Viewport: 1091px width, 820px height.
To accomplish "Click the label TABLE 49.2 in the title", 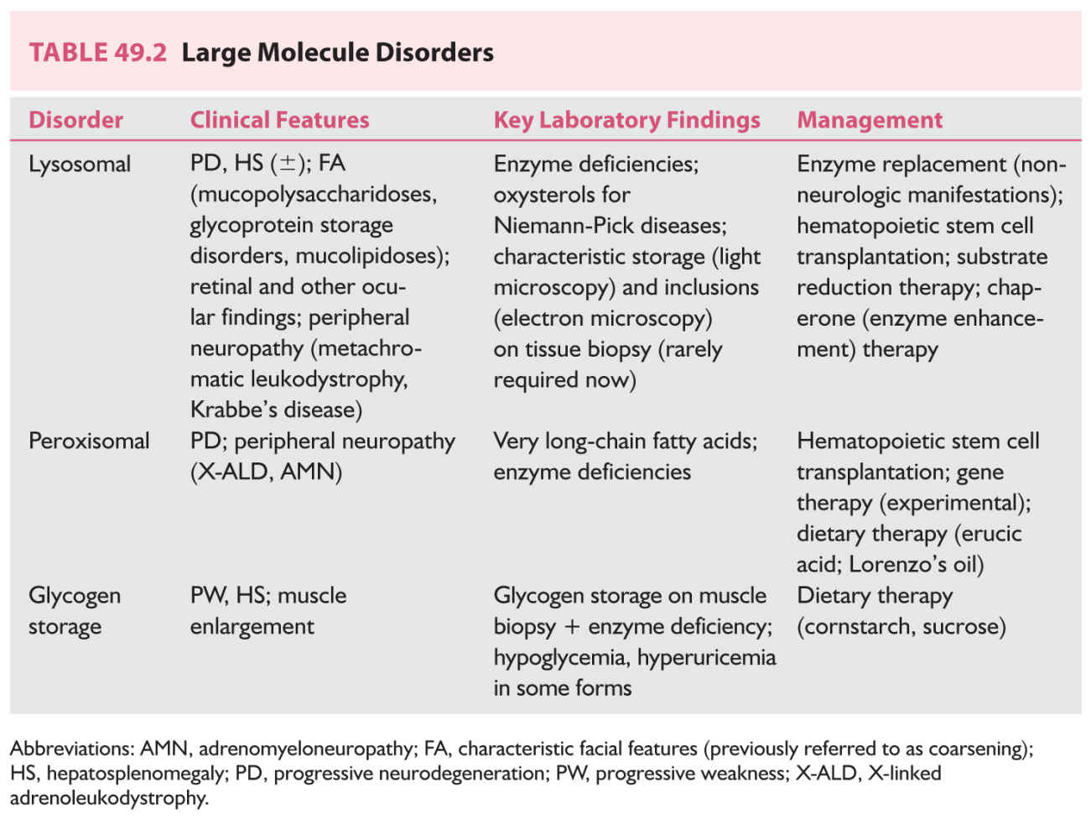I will [97, 53].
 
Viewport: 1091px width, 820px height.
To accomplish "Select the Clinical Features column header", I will [279, 120].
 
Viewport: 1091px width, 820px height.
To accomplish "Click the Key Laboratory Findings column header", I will [626, 120].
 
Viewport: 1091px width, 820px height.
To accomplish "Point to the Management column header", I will [869, 120].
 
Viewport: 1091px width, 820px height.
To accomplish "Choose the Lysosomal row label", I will [80, 164].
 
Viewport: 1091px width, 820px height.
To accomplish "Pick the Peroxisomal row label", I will [89, 441].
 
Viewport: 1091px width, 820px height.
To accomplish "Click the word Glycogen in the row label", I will [75, 596].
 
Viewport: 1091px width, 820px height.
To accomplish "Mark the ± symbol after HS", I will [288, 163].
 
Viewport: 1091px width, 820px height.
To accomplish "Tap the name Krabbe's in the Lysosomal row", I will [231, 410].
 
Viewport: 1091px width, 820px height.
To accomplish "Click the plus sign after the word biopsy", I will [571, 627].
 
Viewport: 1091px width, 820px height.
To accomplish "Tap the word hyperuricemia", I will [706, 657].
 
